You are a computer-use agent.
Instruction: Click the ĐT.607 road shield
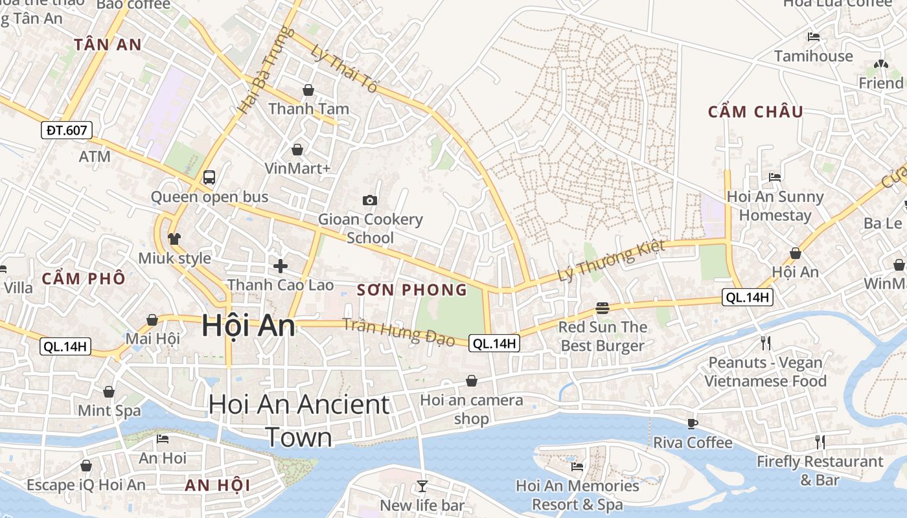(67, 130)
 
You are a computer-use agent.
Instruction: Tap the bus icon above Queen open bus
(209, 177)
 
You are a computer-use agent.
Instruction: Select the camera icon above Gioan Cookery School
(370, 200)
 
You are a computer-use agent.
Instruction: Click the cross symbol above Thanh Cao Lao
(281, 265)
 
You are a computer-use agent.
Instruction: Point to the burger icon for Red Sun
(603, 308)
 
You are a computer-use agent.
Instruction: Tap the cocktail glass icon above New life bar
(422, 485)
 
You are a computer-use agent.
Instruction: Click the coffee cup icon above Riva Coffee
(693, 423)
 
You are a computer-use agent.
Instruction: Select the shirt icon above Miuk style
(174, 238)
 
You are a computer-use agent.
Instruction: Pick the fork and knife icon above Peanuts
(765, 343)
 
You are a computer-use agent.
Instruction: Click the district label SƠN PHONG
(412, 290)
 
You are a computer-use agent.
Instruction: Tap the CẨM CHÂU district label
(755, 112)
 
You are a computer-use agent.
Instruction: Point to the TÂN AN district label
(108, 45)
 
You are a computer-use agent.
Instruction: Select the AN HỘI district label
(218, 485)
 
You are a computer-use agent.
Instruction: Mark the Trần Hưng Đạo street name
(398, 332)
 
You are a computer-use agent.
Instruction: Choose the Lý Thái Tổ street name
(343, 68)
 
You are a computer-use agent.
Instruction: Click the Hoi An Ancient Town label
(299, 420)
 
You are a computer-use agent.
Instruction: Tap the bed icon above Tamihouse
(814, 37)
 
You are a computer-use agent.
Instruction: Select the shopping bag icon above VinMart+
(297, 150)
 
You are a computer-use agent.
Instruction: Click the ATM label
(95, 157)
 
